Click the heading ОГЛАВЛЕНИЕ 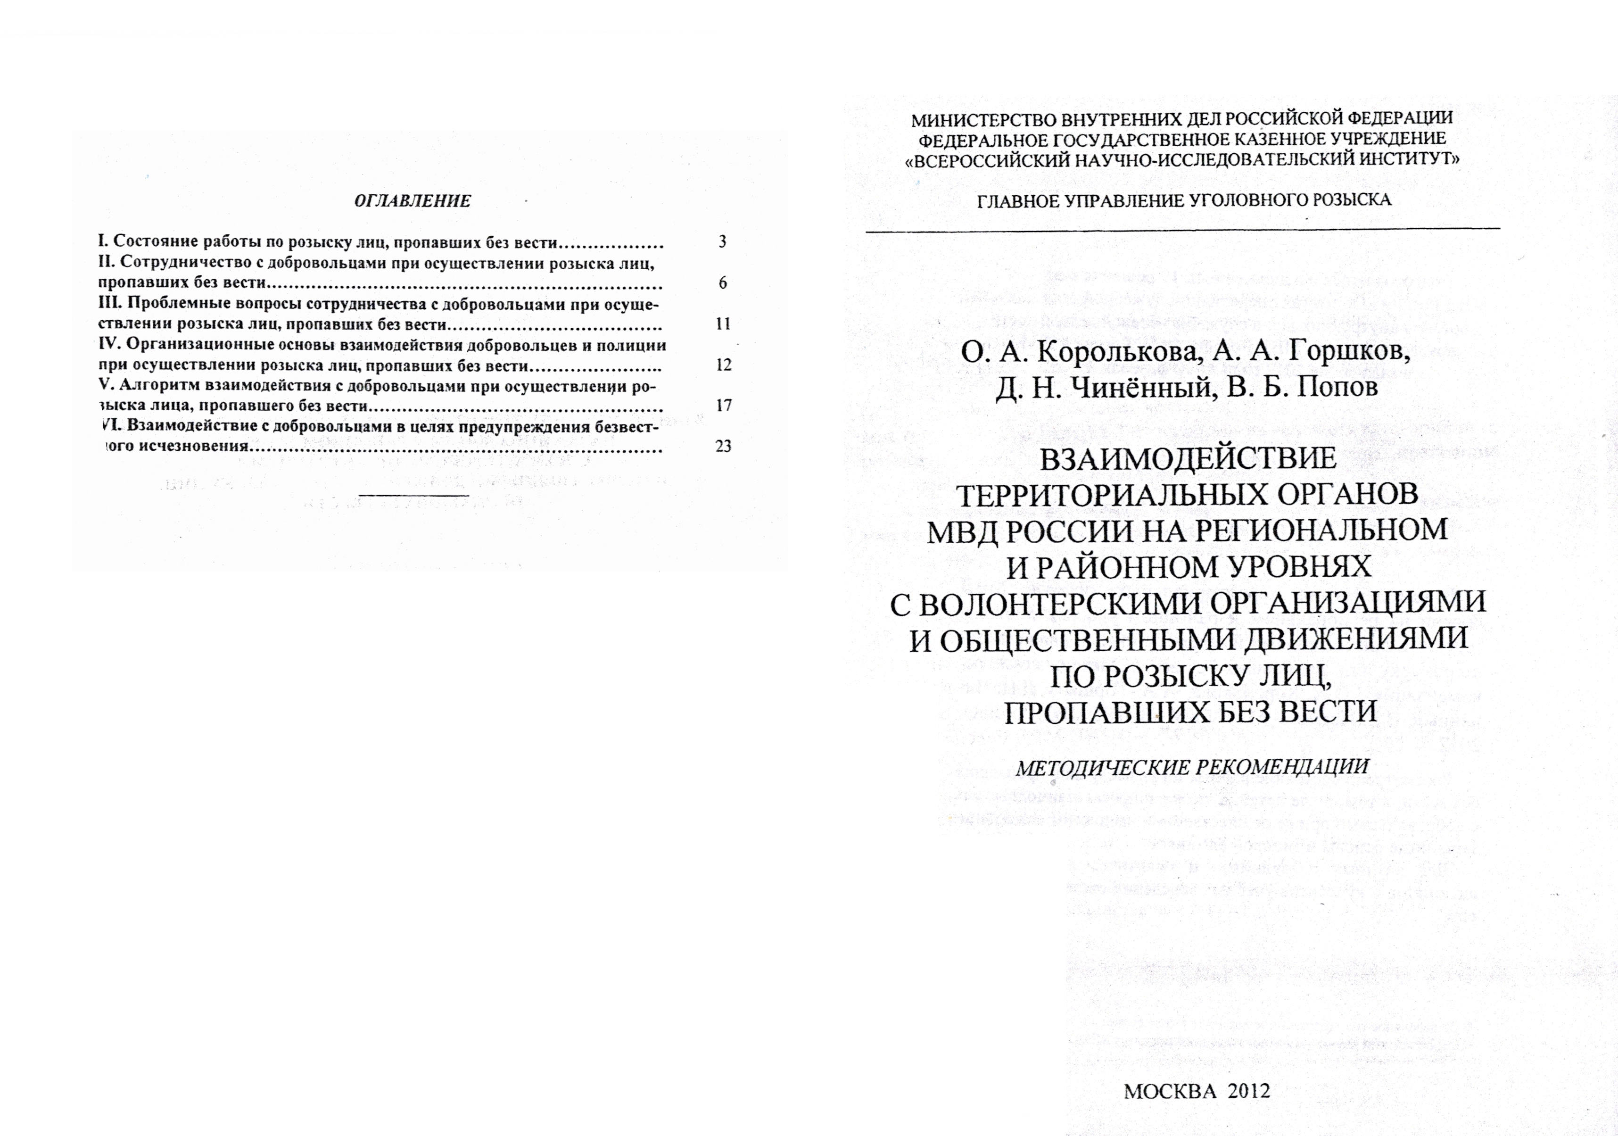(x=412, y=201)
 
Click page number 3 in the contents (x=722, y=242)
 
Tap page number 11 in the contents (x=723, y=323)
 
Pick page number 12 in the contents (x=723, y=365)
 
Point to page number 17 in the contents (x=723, y=405)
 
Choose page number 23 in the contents (x=723, y=446)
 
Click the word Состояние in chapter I (x=155, y=242)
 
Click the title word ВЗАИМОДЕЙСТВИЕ (x=1188, y=459)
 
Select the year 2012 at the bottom (x=1248, y=1092)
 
